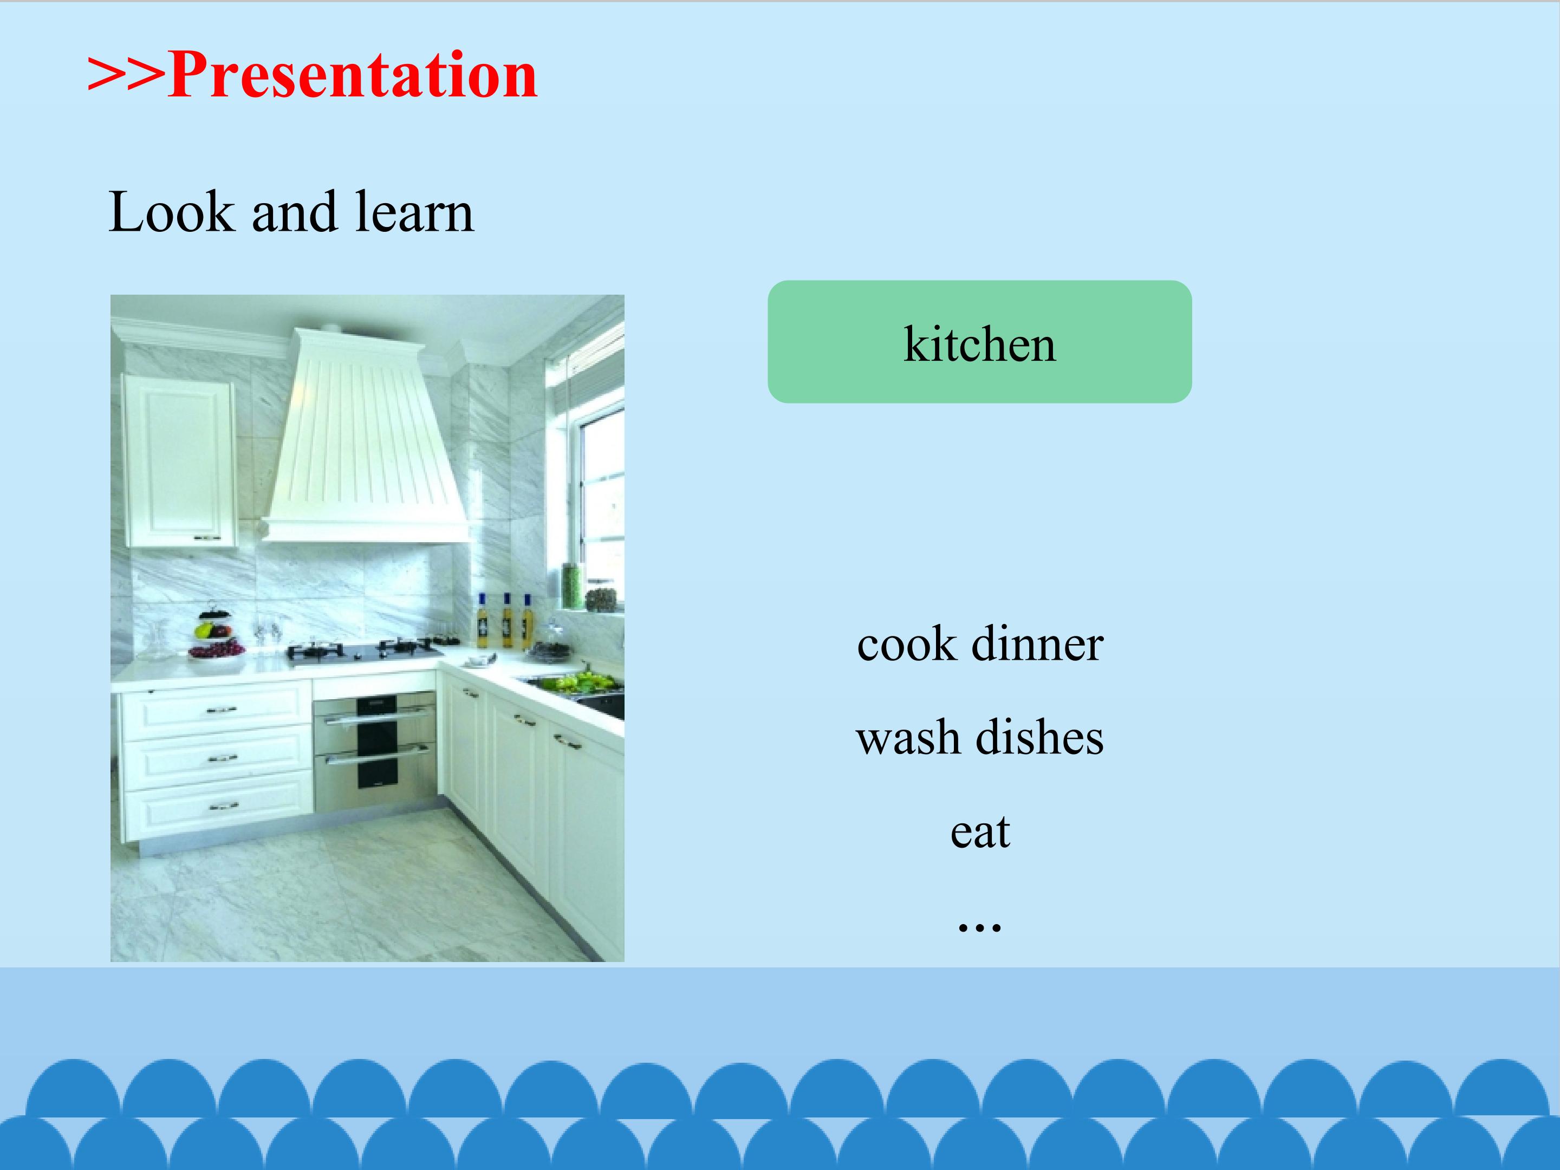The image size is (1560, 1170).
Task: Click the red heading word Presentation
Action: click(353, 75)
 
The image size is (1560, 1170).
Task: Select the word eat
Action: click(980, 831)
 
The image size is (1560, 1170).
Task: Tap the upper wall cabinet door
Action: click(179, 461)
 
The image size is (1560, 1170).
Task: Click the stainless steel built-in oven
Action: click(374, 752)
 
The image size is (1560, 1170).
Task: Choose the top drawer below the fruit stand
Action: click(217, 710)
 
